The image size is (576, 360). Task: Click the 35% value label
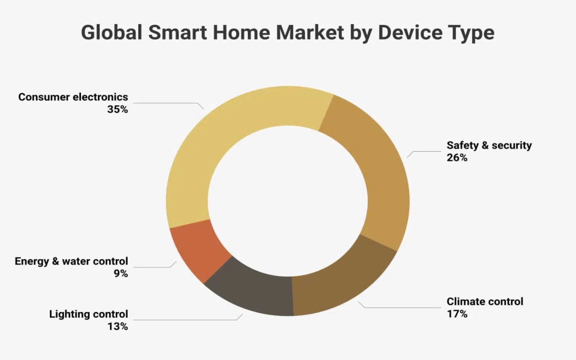tap(117, 109)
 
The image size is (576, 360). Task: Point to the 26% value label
tap(457, 158)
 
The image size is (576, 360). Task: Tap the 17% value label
tap(457, 314)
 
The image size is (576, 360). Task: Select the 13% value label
tap(117, 327)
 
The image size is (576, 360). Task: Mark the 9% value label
tap(121, 274)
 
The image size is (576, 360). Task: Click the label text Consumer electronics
tap(73, 97)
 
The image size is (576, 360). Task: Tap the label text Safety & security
tap(489, 145)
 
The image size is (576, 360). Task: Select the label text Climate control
tap(485, 302)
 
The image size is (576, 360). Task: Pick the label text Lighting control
tap(89, 314)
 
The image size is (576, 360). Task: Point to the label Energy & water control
tap(71, 261)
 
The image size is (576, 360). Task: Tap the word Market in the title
tap(310, 32)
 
